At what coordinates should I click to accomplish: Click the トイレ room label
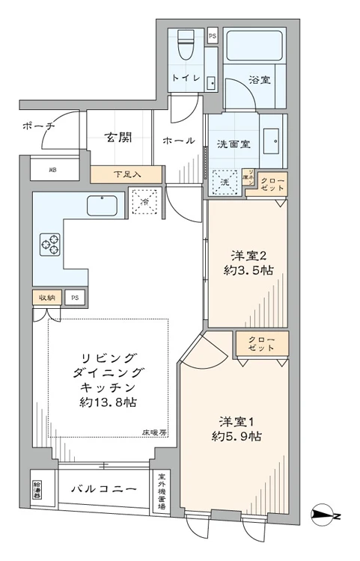[x=186, y=78]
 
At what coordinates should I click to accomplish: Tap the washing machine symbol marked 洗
[x=225, y=180]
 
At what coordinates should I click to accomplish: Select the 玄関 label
[x=118, y=138]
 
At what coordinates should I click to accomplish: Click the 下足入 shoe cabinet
[x=126, y=174]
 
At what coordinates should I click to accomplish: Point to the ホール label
[x=180, y=140]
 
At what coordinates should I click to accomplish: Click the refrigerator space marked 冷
[x=144, y=202]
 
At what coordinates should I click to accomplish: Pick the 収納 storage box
[x=47, y=298]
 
